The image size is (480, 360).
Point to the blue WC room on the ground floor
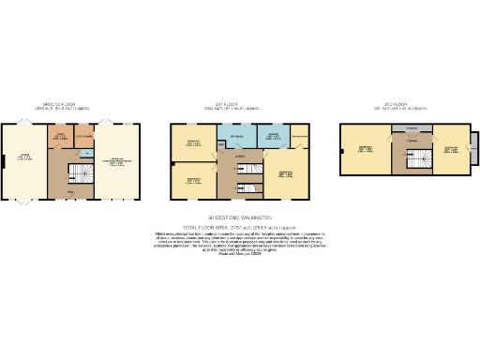[85, 150]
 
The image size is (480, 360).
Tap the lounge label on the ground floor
[25, 158]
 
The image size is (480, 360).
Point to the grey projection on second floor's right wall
[472, 145]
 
